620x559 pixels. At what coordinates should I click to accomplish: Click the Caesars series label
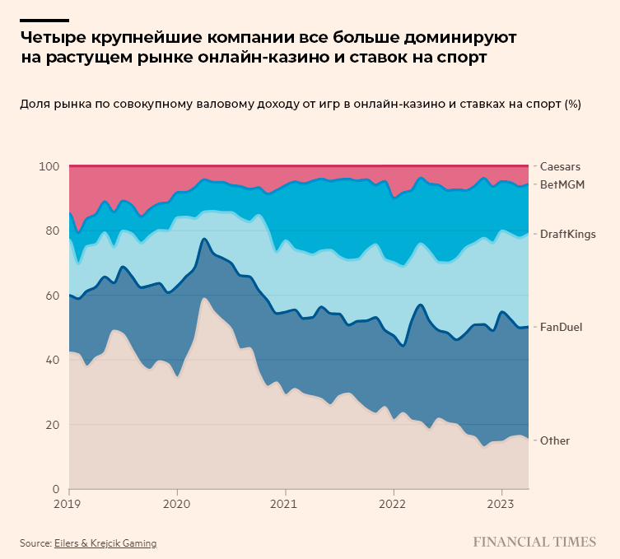[x=560, y=166]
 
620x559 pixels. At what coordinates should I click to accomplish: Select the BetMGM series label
[x=562, y=184]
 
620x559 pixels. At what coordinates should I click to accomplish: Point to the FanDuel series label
[x=561, y=327]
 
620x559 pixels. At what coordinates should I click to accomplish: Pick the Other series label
[x=554, y=440]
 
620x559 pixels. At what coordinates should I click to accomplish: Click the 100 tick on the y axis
[x=49, y=166]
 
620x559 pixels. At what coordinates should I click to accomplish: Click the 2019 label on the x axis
[x=69, y=503]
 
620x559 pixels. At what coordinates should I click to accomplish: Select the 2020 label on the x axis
[x=177, y=503]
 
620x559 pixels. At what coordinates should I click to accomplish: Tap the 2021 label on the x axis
[x=285, y=503]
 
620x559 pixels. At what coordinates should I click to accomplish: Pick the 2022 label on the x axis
[x=394, y=503]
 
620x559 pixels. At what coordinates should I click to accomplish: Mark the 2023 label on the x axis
[x=501, y=503]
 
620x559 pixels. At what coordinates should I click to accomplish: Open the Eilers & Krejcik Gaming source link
[x=105, y=543]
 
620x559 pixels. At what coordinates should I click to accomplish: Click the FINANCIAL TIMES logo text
[x=534, y=542]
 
